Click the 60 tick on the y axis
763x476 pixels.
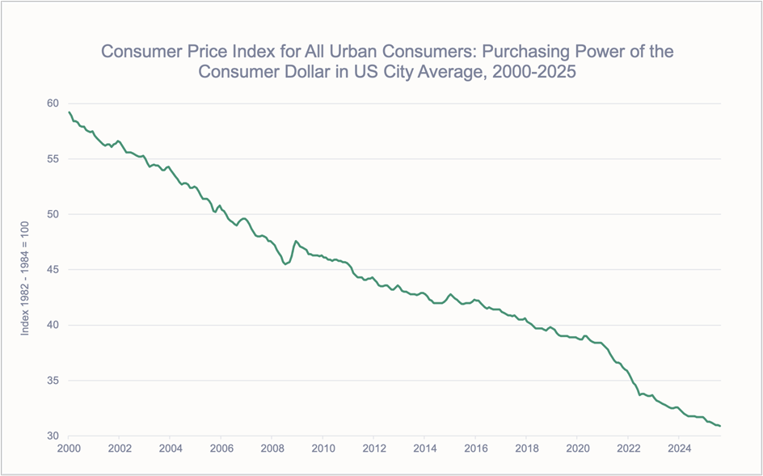53,103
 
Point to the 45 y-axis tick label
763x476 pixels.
53,270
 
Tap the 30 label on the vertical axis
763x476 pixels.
53,436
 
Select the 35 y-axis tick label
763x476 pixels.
53,381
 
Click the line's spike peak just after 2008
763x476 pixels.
296,241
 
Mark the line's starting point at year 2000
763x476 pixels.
70,112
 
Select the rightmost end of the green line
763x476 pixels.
720,426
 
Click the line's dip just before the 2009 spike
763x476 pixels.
285,263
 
